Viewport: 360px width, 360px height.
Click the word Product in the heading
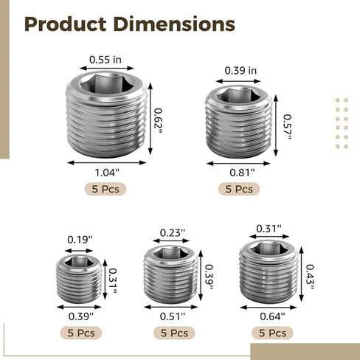pyautogui.click(x=66, y=24)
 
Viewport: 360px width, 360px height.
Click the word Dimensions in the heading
pyautogui.click(x=174, y=24)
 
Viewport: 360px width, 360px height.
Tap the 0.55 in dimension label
pyautogui.click(x=105, y=60)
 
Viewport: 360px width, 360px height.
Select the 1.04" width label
pyautogui.click(x=107, y=173)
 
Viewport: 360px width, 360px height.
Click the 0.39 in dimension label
pyautogui.click(x=240, y=71)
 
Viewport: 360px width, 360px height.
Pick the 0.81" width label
pyautogui.click(x=242, y=173)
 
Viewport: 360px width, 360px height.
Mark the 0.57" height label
pyautogui.click(x=287, y=127)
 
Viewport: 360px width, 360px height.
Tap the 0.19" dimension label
pyautogui.click(x=80, y=240)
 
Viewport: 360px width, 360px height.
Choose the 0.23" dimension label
pyautogui.click(x=173, y=232)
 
